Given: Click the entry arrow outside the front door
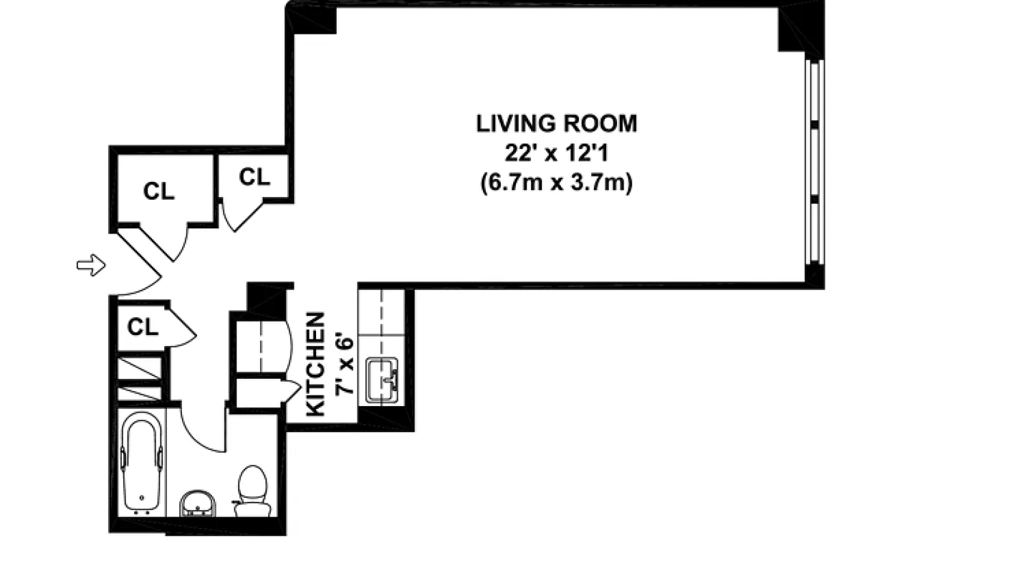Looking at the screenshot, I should tap(91, 266).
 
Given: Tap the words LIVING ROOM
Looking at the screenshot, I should tap(556, 124).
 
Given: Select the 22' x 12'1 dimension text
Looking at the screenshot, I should tap(556, 153).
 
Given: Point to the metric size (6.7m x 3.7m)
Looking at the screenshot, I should tap(556, 183).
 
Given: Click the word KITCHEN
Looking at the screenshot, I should tap(316, 364).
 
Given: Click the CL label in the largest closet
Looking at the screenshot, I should tap(158, 191).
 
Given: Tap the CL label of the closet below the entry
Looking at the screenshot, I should tap(143, 327).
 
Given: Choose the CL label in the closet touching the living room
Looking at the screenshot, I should tap(254, 177).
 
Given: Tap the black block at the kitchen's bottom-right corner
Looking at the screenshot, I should tap(386, 418).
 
